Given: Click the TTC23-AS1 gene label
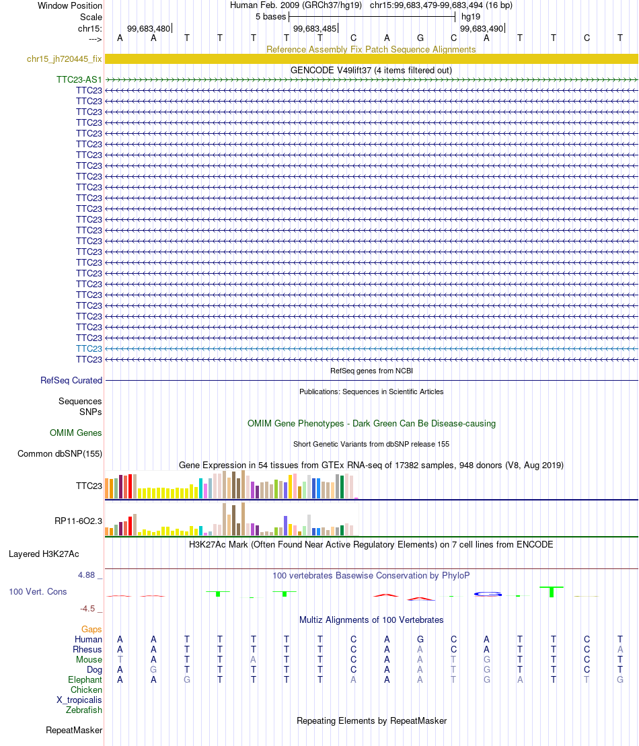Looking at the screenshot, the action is (x=79, y=79).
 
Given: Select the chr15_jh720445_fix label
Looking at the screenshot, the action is (x=64, y=59).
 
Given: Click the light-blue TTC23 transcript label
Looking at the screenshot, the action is (x=89, y=348).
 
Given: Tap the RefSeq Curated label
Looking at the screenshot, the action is (x=71, y=380).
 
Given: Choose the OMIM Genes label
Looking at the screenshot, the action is (x=75, y=433).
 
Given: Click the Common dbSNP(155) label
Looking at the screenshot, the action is (x=60, y=453).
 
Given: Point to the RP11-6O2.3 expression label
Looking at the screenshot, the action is (x=79, y=521).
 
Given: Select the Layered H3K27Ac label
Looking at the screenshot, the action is (x=44, y=554).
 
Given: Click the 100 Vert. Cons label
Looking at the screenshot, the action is (x=38, y=591).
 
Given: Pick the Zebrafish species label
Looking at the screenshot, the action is (x=83, y=710).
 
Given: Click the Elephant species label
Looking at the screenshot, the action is (x=85, y=680).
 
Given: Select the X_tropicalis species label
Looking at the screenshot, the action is (x=79, y=700).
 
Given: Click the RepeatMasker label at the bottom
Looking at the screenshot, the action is (x=74, y=730).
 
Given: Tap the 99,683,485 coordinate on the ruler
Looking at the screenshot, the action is (x=315, y=28).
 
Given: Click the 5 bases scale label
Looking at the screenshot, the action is (x=270, y=17).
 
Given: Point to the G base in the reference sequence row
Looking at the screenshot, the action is (x=420, y=38).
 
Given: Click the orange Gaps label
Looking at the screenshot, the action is (x=91, y=629).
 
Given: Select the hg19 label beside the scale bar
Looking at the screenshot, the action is (x=471, y=17).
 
